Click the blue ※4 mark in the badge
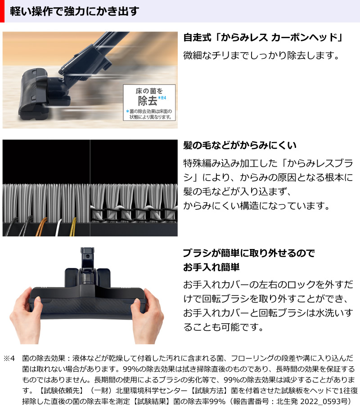[x=162, y=98]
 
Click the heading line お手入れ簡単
[x=211, y=268]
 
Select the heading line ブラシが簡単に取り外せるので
[x=249, y=253]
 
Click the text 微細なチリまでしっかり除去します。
[x=261, y=56]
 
